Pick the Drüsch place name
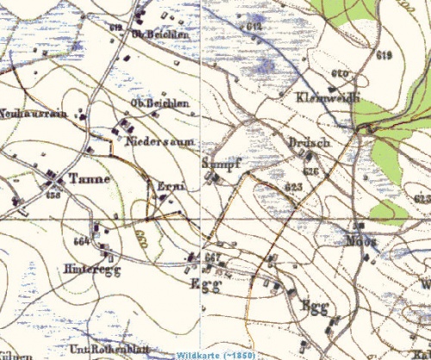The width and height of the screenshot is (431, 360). tap(310, 143)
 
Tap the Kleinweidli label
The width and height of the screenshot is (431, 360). tap(326, 96)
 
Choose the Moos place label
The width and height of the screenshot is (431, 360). tap(363, 240)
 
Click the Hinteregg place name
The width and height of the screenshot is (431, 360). tap(85, 269)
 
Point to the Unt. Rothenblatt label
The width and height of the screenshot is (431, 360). tap(95, 347)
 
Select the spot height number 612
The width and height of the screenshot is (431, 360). tap(253, 27)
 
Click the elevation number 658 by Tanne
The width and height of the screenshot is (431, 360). tap(54, 196)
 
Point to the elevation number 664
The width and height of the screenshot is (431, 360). tap(83, 240)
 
